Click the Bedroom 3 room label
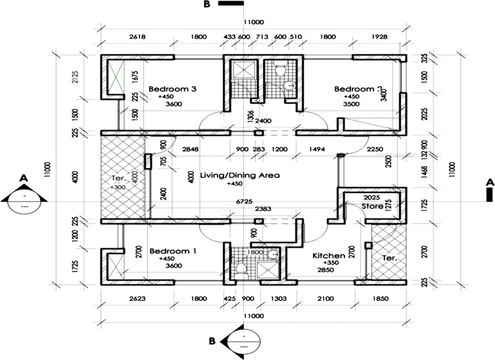(x=173, y=89)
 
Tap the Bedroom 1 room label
(x=173, y=251)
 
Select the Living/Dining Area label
(x=241, y=175)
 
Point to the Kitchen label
(x=329, y=255)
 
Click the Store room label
(x=372, y=206)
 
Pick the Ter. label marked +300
(x=118, y=178)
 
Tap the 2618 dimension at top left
(x=137, y=37)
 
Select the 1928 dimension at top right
(x=379, y=37)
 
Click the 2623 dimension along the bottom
(x=137, y=300)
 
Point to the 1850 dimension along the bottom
(x=381, y=300)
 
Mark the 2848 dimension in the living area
(x=191, y=149)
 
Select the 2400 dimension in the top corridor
(x=264, y=122)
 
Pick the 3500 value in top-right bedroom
(x=352, y=104)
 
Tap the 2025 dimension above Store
(x=371, y=197)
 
